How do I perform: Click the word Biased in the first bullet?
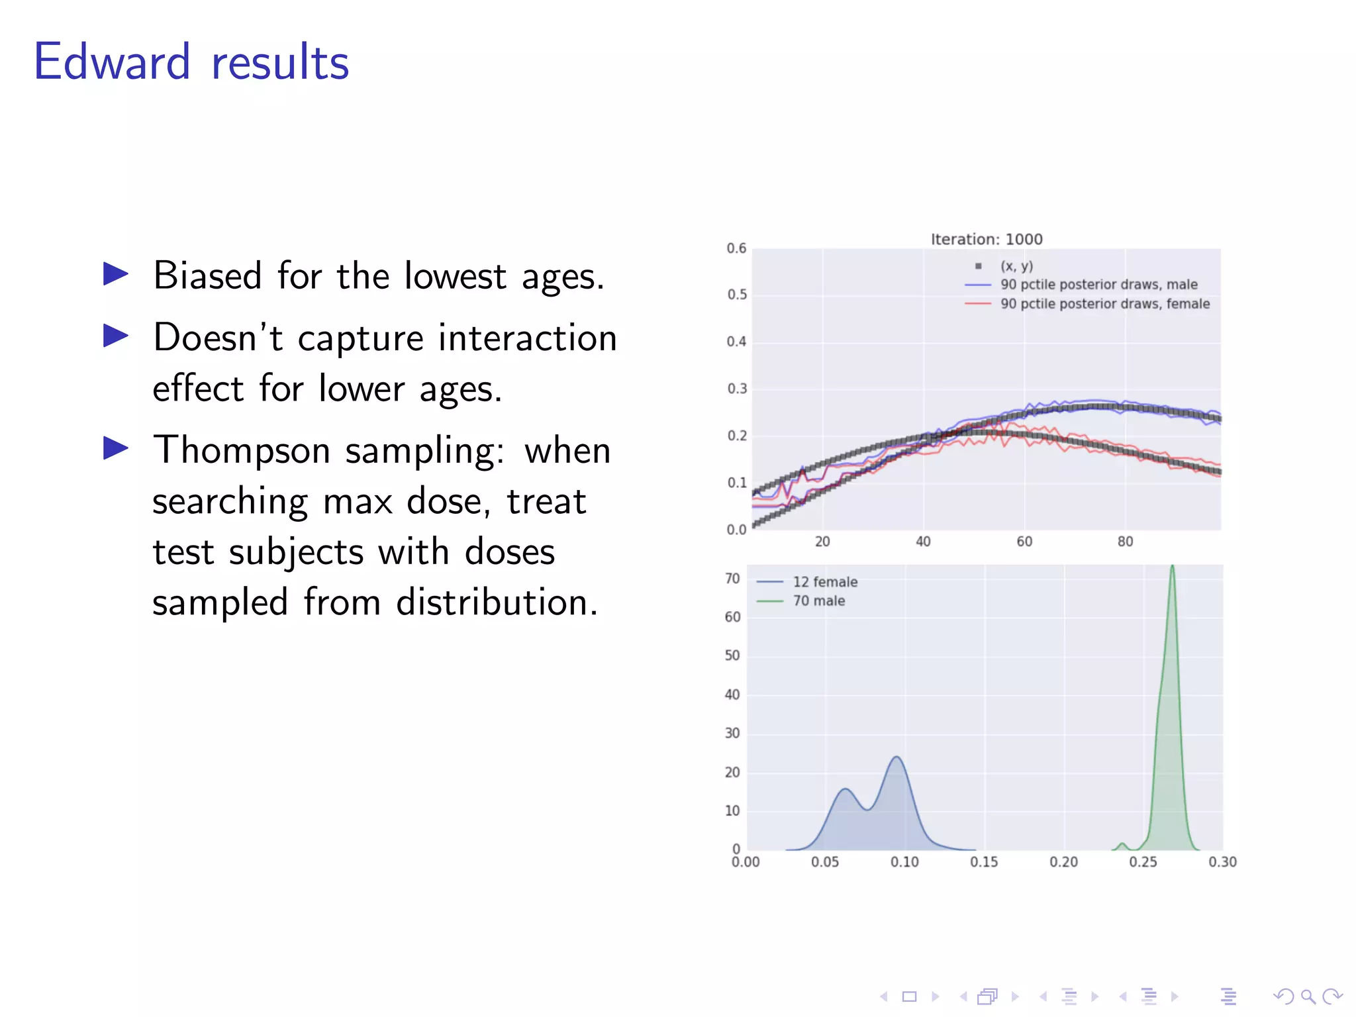tap(207, 275)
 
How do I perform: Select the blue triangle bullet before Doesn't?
tap(116, 336)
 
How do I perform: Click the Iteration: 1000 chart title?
tap(986, 239)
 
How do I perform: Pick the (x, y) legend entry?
tap(1016, 266)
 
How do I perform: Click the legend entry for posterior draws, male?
tap(1098, 285)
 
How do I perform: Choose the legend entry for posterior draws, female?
tap(1104, 304)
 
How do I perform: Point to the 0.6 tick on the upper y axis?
tap(736, 248)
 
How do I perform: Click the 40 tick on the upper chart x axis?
tap(923, 542)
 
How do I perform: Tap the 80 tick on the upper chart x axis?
tap(1125, 542)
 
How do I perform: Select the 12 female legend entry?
tap(825, 582)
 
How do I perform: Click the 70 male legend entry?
tap(819, 601)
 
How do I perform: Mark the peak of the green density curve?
tap(1172, 567)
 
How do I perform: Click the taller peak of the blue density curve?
tap(896, 757)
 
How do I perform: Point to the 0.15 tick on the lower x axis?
tap(984, 862)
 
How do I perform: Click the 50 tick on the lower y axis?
tap(732, 655)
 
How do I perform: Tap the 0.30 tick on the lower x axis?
tap(1222, 862)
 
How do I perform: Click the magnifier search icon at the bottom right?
tap(1308, 996)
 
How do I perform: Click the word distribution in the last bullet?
tap(497, 603)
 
